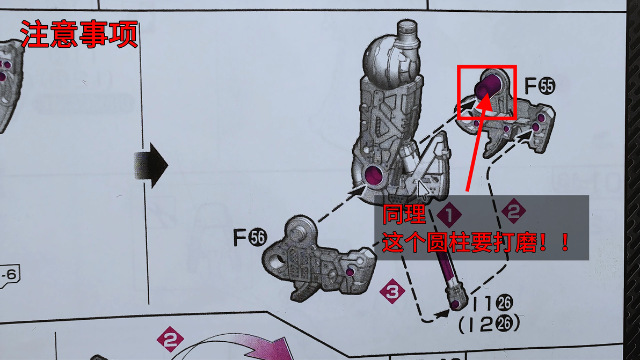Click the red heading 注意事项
(x=79, y=34)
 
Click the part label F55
(x=540, y=86)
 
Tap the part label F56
(x=250, y=237)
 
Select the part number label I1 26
(x=492, y=303)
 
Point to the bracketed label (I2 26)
(x=489, y=324)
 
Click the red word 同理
(x=404, y=214)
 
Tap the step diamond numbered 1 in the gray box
(x=449, y=214)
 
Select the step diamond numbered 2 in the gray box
(x=513, y=211)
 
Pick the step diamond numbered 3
(x=392, y=291)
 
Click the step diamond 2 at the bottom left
(x=170, y=339)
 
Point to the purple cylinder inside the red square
(x=488, y=86)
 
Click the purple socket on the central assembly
(x=375, y=176)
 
